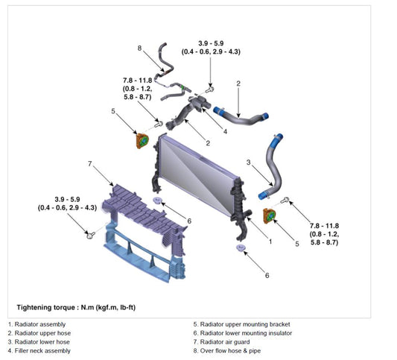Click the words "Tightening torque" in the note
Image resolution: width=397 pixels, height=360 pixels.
[46, 308]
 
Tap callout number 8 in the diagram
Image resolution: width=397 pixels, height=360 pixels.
[139, 48]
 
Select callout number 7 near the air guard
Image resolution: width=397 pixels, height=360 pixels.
[89, 164]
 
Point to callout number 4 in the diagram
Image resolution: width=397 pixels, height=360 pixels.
[225, 131]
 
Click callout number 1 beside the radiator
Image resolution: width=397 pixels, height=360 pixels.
[270, 241]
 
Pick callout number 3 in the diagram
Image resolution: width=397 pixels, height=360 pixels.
[248, 162]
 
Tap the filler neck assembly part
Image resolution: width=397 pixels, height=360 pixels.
[199, 104]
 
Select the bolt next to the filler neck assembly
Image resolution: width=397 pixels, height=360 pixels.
[209, 89]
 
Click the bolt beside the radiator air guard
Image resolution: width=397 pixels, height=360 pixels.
[90, 235]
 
